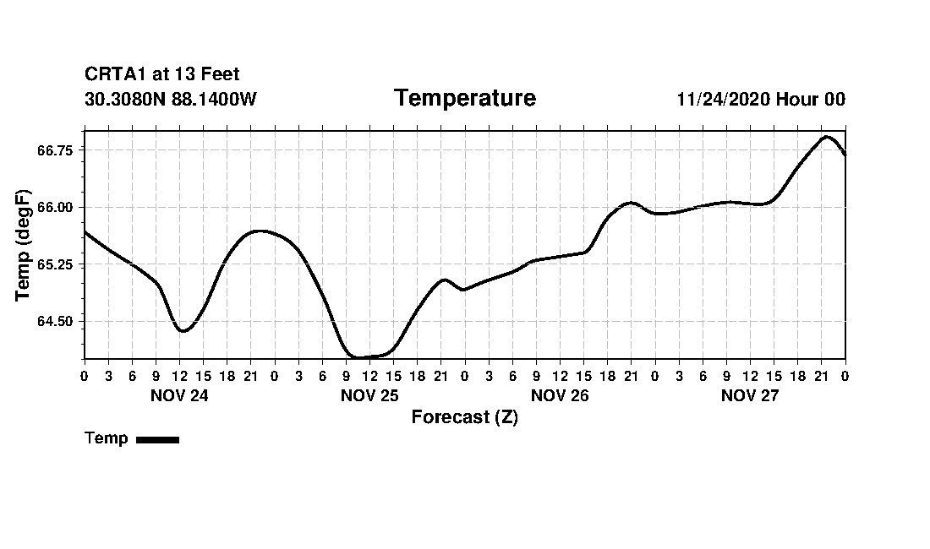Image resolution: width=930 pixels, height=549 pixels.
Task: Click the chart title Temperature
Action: click(x=464, y=98)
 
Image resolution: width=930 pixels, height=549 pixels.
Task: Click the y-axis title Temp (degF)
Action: click(x=24, y=245)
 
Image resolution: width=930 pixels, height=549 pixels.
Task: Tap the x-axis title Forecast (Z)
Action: click(x=464, y=416)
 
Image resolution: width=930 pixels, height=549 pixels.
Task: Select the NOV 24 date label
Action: click(x=179, y=395)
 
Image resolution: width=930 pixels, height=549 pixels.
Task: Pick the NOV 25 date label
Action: click(x=369, y=395)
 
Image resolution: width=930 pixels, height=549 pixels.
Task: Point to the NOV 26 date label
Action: click(x=560, y=395)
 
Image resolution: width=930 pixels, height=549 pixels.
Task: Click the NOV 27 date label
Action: click(x=750, y=395)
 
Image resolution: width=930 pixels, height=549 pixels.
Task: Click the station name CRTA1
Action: click(x=116, y=75)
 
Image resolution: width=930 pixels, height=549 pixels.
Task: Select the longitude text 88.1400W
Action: click(x=214, y=100)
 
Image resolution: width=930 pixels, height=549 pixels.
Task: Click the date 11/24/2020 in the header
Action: click(x=723, y=100)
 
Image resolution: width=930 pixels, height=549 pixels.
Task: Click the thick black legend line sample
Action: click(x=157, y=439)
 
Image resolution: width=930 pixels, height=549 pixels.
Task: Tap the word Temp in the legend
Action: click(x=107, y=438)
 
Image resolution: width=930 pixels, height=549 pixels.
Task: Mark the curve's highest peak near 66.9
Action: click(x=826, y=137)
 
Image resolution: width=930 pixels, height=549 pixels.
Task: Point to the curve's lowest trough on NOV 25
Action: click(x=359, y=357)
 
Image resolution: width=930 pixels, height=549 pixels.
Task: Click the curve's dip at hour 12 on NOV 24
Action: click(x=183, y=330)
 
